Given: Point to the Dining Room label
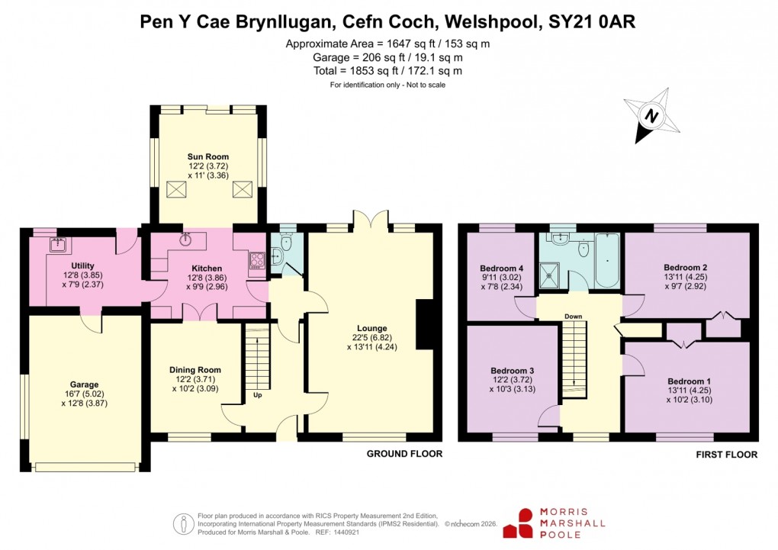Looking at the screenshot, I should coord(194,370).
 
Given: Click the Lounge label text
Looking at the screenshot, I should coord(371,329).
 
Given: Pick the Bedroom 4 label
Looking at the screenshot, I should coord(501,268).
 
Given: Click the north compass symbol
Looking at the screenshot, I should coord(650,117).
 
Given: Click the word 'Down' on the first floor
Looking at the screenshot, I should coord(574,316).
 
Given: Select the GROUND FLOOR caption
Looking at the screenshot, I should coord(404,454).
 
